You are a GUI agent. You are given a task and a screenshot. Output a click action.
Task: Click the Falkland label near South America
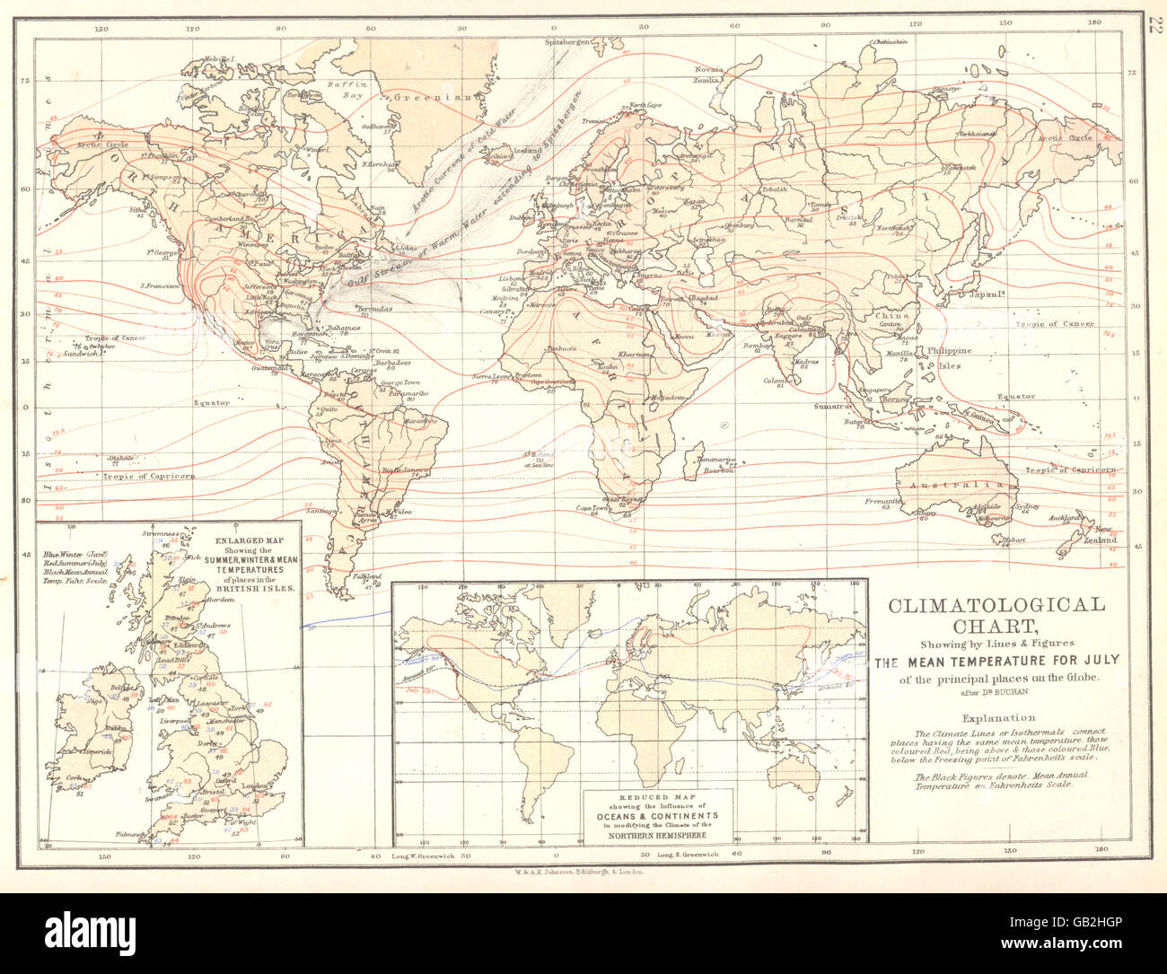tap(362, 576)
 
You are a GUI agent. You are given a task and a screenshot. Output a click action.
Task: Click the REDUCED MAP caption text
tap(659, 799)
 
